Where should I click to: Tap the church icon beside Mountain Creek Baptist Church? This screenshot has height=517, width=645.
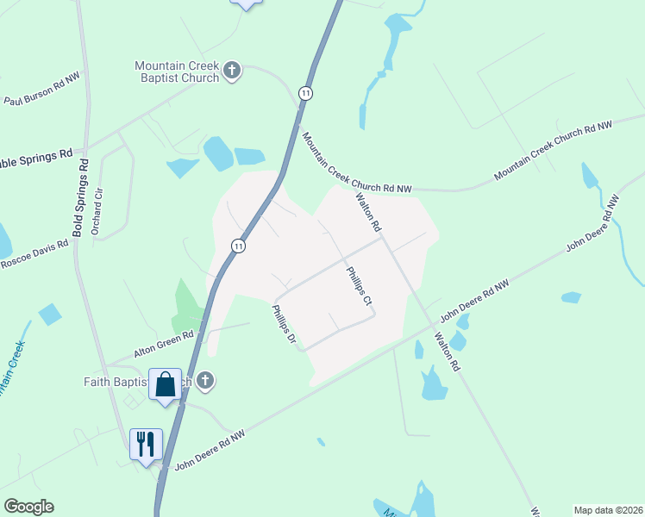click(231, 71)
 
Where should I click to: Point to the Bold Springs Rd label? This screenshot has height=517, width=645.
click(79, 197)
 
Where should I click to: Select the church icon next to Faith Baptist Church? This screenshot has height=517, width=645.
click(204, 380)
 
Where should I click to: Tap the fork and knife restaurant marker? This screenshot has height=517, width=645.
click(145, 445)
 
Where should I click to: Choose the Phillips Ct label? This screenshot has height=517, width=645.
click(359, 286)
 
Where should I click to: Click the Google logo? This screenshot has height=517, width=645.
click(28, 507)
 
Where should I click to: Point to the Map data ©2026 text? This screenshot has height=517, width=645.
click(609, 510)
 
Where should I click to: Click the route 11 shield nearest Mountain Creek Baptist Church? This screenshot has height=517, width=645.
click(305, 92)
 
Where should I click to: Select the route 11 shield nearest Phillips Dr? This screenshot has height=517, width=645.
click(239, 246)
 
